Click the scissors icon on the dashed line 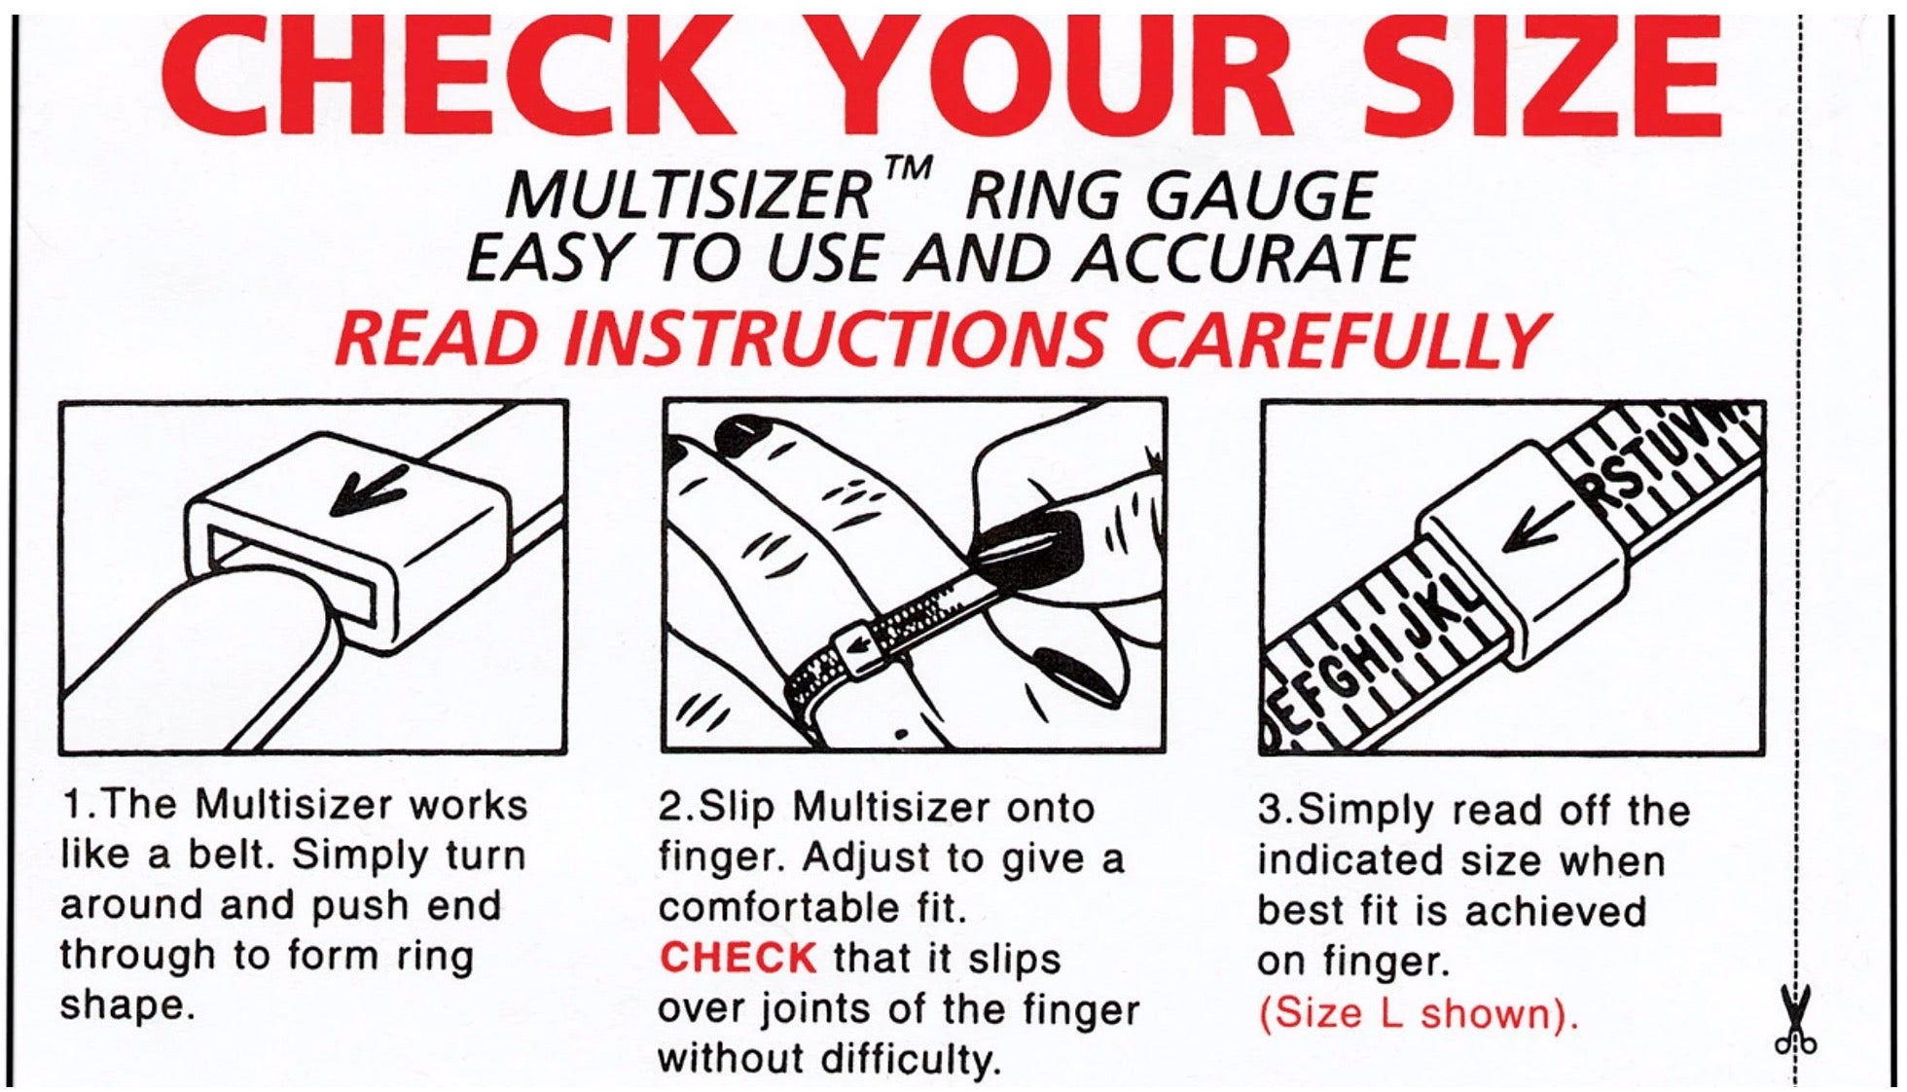point(1795,1019)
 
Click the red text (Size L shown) point(1418,1014)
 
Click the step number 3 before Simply point(1271,810)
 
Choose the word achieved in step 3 point(1555,911)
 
